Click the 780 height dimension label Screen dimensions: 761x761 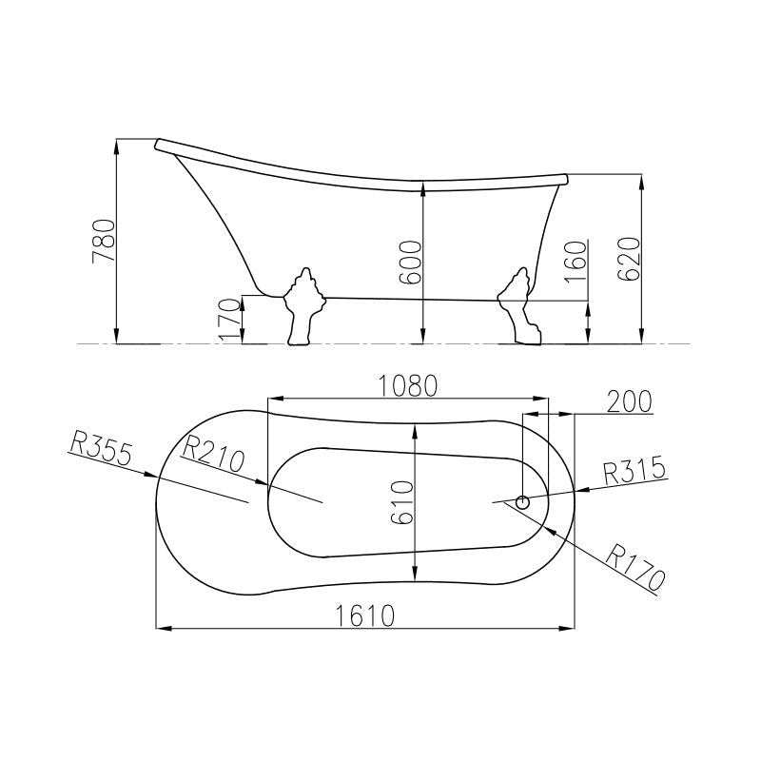click(x=105, y=242)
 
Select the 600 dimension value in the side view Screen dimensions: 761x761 click(x=410, y=263)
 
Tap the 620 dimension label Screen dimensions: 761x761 click(x=628, y=259)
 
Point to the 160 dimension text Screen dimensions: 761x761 click(x=576, y=261)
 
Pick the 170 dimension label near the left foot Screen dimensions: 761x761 click(x=229, y=320)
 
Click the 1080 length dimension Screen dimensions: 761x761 click(x=408, y=386)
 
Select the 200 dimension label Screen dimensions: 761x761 click(x=630, y=401)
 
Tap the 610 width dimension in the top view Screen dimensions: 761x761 click(x=402, y=502)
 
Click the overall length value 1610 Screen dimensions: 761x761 click(x=365, y=615)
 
